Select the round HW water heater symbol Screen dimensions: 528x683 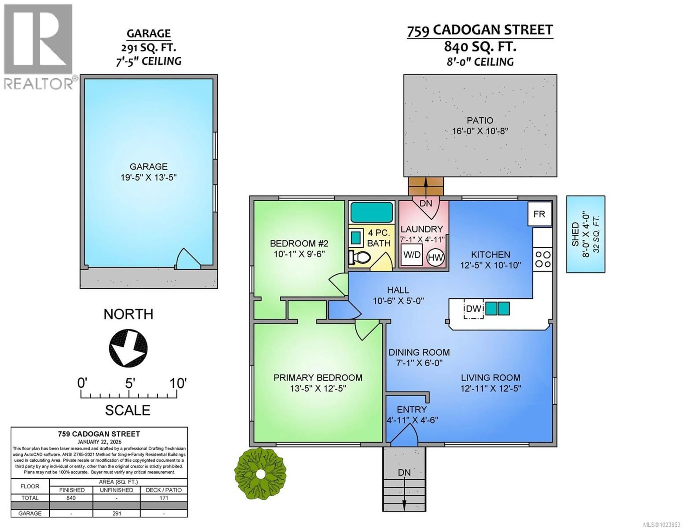click(x=435, y=258)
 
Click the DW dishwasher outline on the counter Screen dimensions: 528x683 click(x=474, y=309)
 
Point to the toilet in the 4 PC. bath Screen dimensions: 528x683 click(x=360, y=257)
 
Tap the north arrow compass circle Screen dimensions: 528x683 click(x=128, y=348)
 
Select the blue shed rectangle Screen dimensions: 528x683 click(x=585, y=234)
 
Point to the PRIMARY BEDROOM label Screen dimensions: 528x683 click(x=318, y=378)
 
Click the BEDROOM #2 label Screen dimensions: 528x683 click(x=299, y=243)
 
